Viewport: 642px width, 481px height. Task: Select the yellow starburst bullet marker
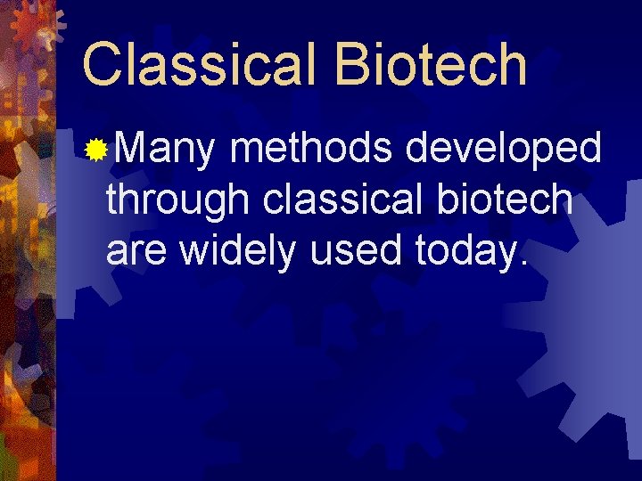(x=95, y=151)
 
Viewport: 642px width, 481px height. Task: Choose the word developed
(x=503, y=150)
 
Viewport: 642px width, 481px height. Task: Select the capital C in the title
(x=100, y=64)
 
